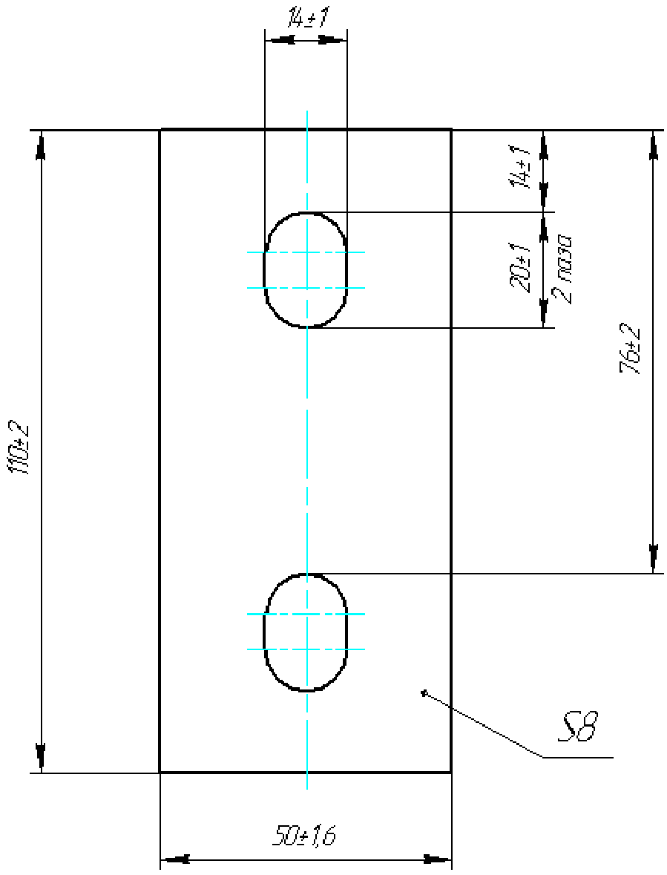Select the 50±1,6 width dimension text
(x=304, y=836)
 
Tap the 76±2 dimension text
(x=630, y=352)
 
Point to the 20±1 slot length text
(x=518, y=269)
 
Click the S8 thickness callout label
(x=578, y=725)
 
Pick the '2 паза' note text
(x=565, y=269)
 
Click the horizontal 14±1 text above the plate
(x=306, y=19)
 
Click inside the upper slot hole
(x=306, y=269)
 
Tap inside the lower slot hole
(x=306, y=632)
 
